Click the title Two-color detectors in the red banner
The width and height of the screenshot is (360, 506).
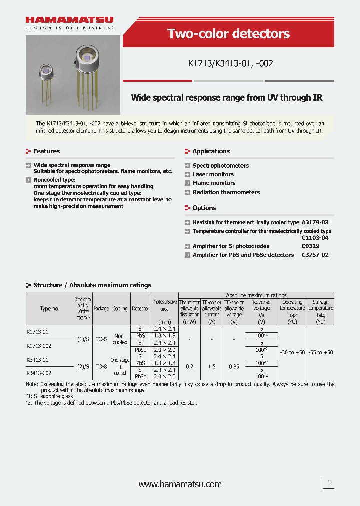point(228,34)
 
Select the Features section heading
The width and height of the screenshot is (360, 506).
point(46,151)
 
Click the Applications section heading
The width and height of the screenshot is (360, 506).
point(211,151)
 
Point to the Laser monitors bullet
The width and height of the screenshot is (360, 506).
point(213,174)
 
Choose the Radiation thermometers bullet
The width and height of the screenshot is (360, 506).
point(226,192)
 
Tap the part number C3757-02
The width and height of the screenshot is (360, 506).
point(315,255)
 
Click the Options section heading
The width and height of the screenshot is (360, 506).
point(204,208)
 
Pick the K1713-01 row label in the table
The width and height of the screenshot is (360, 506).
point(37,332)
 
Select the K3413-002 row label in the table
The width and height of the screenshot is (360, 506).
point(38,373)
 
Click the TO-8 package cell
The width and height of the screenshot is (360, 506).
point(101,366)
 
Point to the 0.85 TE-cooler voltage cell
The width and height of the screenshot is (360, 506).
point(234,366)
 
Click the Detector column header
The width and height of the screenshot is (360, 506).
point(140,309)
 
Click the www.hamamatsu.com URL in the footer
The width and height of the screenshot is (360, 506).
point(180,484)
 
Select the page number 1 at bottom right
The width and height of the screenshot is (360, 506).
point(328,483)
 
